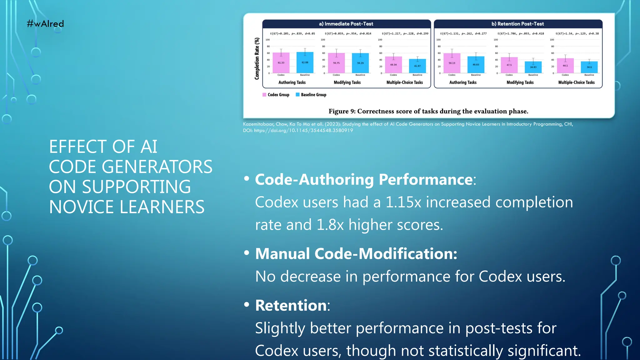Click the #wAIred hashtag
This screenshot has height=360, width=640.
tap(45, 24)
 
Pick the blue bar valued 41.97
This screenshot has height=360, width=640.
tap(417, 66)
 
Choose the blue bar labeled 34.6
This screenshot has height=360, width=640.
tap(589, 67)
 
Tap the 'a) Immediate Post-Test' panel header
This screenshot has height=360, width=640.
tap(346, 24)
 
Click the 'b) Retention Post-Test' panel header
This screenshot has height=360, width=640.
tap(518, 24)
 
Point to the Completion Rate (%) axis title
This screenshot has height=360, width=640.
tap(257, 58)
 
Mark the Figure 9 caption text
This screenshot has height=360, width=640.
tap(428, 111)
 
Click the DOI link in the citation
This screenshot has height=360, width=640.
tap(303, 131)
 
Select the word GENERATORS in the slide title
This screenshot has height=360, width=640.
tap(157, 167)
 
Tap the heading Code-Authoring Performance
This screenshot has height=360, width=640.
tap(364, 179)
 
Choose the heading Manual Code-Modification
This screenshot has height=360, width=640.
tap(356, 253)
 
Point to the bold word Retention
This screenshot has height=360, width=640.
tap(291, 305)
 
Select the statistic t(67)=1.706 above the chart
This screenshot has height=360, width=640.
tap(507, 33)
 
